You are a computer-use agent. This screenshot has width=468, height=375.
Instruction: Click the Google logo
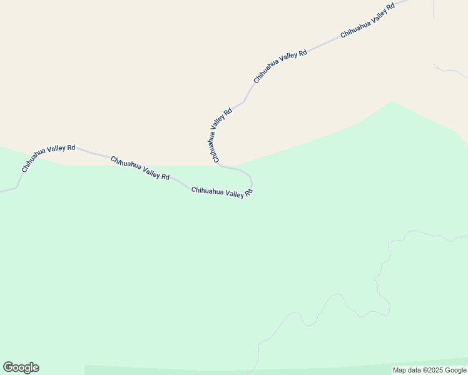(21, 367)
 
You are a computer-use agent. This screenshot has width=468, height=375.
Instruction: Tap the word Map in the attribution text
(399, 371)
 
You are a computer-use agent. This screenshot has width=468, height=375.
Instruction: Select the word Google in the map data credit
(456, 371)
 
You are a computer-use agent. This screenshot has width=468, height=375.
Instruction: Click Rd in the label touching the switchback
(248, 193)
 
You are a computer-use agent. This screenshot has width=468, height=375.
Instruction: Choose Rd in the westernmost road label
(71, 147)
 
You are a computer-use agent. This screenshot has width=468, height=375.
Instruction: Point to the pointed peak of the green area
(392, 102)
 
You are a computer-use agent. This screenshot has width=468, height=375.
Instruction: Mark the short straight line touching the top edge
(433, 9)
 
